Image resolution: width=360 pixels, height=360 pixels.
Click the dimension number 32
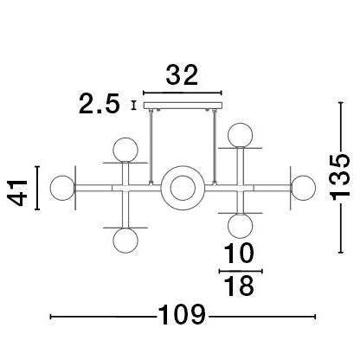[x=182, y=76]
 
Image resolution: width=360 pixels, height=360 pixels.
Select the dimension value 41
[x=18, y=187]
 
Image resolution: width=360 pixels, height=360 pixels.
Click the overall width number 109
[x=181, y=315]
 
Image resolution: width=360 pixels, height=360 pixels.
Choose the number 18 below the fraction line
[x=239, y=286]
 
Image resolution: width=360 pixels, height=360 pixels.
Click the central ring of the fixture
[x=182, y=187]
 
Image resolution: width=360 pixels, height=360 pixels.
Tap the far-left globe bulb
[x=62, y=187]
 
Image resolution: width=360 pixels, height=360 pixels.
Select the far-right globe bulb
[x=303, y=187]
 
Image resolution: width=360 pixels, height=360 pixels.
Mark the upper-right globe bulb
[x=239, y=135]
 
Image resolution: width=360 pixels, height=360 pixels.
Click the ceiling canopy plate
[x=182, y=106]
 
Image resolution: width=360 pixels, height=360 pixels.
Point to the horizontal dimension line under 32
[x=182, y=93]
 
